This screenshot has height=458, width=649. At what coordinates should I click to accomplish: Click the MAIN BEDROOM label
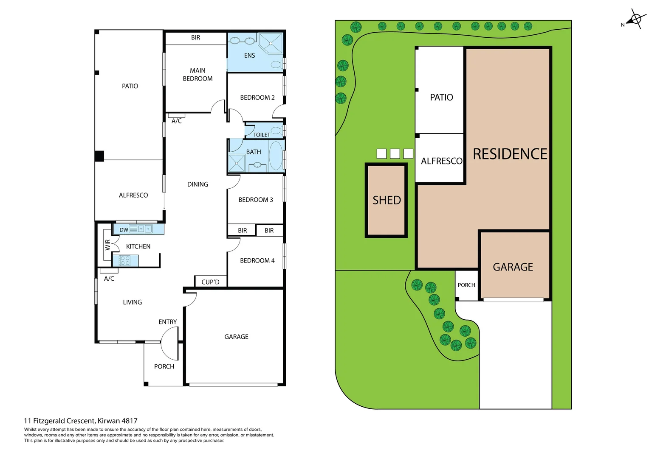198,75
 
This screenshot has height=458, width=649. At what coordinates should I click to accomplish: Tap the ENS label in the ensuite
249,56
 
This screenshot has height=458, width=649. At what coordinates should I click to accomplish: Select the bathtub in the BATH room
276,156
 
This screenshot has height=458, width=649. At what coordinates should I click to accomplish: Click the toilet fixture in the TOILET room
277,130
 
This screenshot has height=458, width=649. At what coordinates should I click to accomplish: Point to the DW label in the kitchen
124,230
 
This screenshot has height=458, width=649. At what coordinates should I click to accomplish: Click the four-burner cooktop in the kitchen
125,260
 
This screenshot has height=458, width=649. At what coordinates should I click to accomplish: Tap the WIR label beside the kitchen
108,245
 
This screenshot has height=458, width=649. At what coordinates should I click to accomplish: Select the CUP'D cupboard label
210,282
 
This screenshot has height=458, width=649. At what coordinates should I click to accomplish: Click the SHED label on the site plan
387,200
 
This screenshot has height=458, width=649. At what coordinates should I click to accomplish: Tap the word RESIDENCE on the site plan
510,154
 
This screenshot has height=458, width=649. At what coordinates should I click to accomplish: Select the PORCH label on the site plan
466,285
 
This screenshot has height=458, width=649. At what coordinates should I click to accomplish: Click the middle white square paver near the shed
395,154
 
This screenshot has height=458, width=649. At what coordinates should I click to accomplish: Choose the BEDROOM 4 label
257,261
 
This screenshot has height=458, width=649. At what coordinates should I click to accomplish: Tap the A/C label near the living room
109,279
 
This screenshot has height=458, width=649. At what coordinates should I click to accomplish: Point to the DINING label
198,184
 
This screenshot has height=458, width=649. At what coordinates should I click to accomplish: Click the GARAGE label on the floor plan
236,337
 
